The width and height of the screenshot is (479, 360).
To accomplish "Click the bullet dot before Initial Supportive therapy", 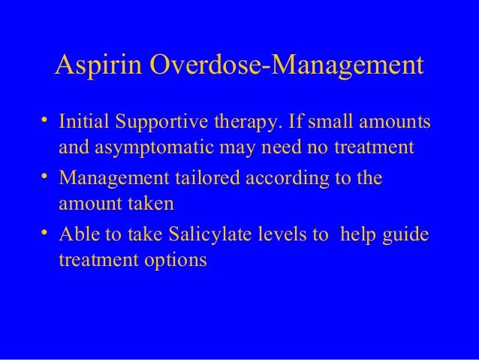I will (46, 120).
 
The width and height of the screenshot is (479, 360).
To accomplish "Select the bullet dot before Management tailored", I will (46, 177).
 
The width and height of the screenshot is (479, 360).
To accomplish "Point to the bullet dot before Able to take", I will (46, 234).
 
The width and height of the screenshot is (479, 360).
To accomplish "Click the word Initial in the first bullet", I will (82, 121).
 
